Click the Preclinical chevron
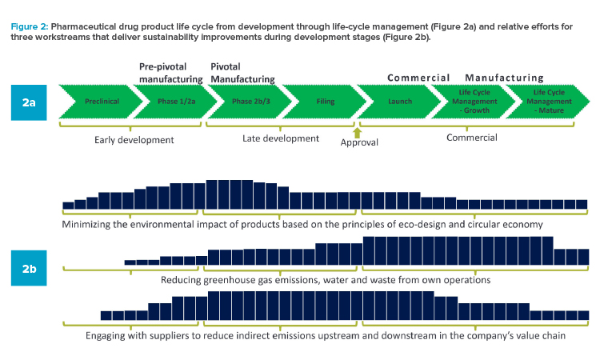[x=101, y=102]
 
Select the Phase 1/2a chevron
[x=177, y=102]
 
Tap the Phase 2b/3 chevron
[x=251, y=102]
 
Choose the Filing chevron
[x=326, y=102]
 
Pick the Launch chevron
[x=400, y=102]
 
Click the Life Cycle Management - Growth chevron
[x=474, y=102]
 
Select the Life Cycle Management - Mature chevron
[x=549, y=102]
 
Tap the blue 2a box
[x=29, y=102]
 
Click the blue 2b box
[x=29, y=268]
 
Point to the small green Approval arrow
[x=357, y=132]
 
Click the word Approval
[x=359, y=142]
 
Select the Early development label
[x=134, y=140]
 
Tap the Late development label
[x=281, y=138]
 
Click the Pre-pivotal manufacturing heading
[x=170, y=73]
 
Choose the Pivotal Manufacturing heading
[x=242, y=73]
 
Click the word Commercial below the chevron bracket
[x=472, y=138]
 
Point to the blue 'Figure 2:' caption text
[x=30, y=26]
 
